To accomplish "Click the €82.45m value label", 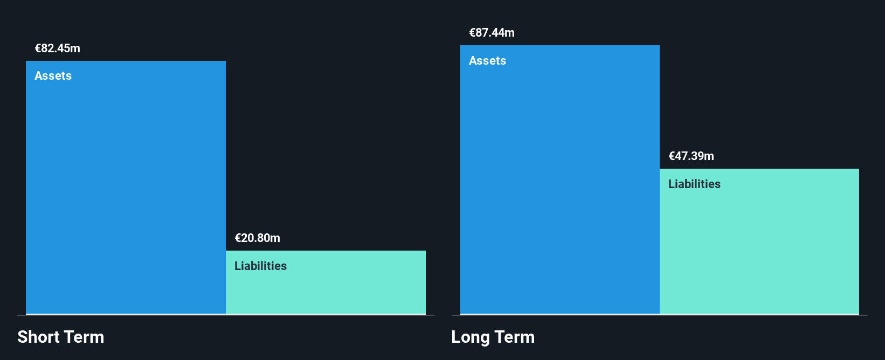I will pos(58,49).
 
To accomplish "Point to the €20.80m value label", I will pos(257,238).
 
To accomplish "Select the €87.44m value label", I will pos(492,33).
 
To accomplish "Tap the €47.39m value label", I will pos(691,156).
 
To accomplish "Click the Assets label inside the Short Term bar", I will pos(53,76).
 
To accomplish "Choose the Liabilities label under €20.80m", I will pos(260,266).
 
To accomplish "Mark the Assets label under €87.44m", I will pos(487,61).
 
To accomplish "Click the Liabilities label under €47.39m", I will pos(694,184).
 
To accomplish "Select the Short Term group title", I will pos(61,337).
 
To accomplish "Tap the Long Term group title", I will pos(493,337).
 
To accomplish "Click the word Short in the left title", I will pos(38,337).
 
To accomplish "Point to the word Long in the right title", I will pos(471,337).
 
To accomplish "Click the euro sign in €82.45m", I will pos(38,49).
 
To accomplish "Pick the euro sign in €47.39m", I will pos(672,156).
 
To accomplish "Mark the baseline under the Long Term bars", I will pos(659,315).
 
